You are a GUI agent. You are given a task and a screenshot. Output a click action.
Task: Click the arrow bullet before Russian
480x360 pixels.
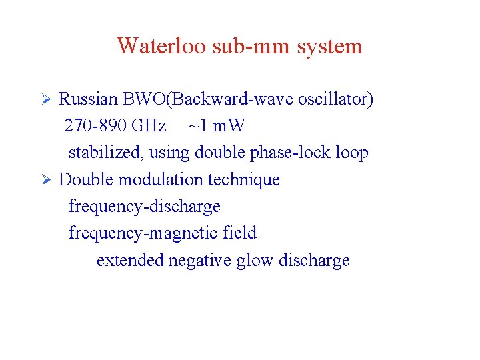[47, 100]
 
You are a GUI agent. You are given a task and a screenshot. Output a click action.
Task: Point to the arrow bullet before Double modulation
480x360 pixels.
[47, 180]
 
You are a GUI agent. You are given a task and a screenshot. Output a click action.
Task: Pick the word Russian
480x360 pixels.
[88, 100]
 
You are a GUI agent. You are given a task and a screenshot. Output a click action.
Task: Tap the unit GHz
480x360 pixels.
[149, 126]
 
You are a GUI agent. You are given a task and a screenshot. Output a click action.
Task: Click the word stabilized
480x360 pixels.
[106, 153]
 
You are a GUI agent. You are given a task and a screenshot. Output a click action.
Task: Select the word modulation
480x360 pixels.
[157, 180]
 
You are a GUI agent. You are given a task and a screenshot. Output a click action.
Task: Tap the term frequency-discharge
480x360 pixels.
[145, 207]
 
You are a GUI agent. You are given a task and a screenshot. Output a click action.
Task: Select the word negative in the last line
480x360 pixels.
[199, 260]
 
